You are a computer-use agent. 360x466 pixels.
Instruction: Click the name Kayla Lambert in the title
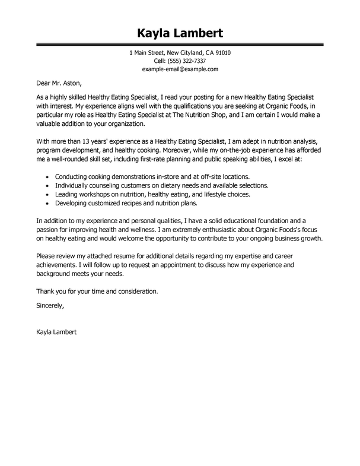point(180,31)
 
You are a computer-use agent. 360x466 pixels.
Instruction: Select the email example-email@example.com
point(180,69)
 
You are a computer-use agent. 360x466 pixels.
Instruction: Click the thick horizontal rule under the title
point(180,45)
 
